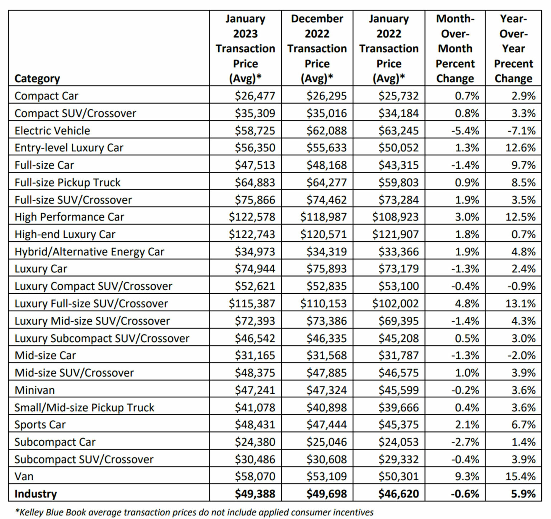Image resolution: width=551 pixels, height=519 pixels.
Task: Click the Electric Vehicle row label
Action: pos(52,131)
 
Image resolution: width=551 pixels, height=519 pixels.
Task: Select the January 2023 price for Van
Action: pos(255,476)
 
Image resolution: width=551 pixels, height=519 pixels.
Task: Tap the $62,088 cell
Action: pos(326,131)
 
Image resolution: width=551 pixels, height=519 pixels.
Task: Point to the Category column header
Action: pos(37,79)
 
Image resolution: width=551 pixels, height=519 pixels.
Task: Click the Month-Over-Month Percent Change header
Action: pos(455,48)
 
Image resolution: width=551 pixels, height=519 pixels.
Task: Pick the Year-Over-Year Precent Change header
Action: pos(513,48)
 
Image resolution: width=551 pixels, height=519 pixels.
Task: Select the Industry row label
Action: pos(36,494)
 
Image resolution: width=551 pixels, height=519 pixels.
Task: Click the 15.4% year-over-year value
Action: pos(521,476)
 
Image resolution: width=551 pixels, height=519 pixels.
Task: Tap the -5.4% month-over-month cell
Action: pos(465,131)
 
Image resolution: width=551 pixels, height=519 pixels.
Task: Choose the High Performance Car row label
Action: pos(69,217)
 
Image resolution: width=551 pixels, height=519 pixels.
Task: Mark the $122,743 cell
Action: pos(252,234)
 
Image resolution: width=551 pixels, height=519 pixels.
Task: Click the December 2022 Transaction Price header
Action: pos(317,48)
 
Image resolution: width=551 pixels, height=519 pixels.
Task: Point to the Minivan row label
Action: pos(35,390)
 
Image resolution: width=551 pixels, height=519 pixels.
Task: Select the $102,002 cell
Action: pos(395,303)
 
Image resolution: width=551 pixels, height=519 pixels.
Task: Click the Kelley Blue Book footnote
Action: pos(194,512)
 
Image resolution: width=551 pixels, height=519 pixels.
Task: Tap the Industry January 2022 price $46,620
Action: pos(398,494)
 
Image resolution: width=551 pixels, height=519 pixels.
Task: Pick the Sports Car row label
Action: pos(40,425)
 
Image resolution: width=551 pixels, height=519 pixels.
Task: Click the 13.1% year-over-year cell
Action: pos(521,303)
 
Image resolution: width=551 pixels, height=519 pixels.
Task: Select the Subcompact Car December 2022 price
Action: pos(326,442)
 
